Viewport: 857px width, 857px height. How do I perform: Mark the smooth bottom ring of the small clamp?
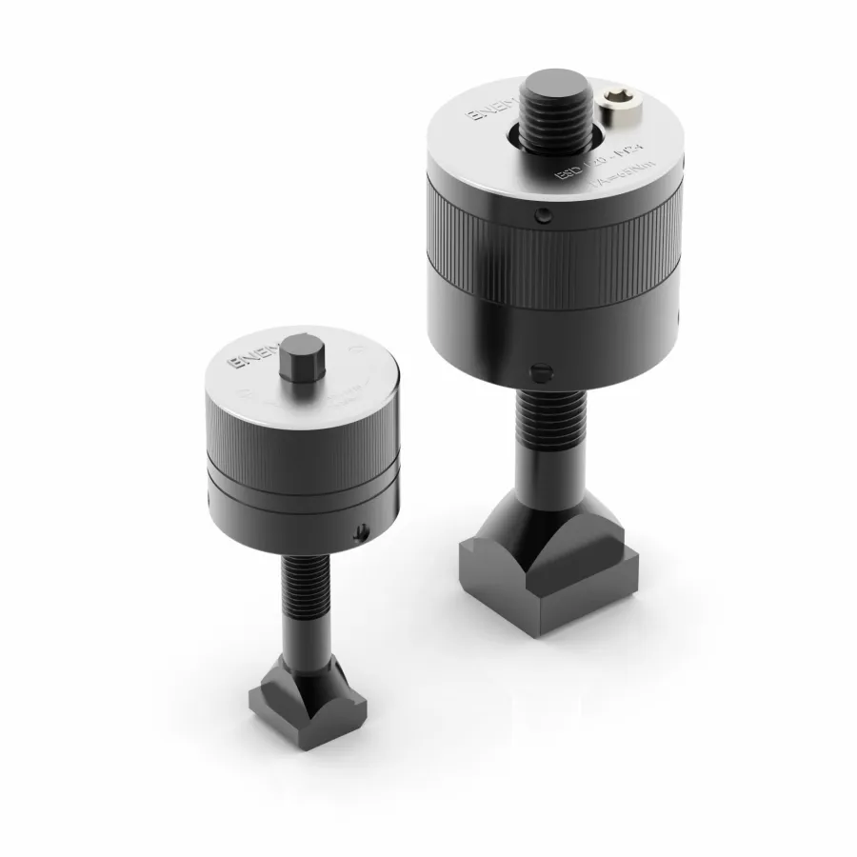pos(286,519)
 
